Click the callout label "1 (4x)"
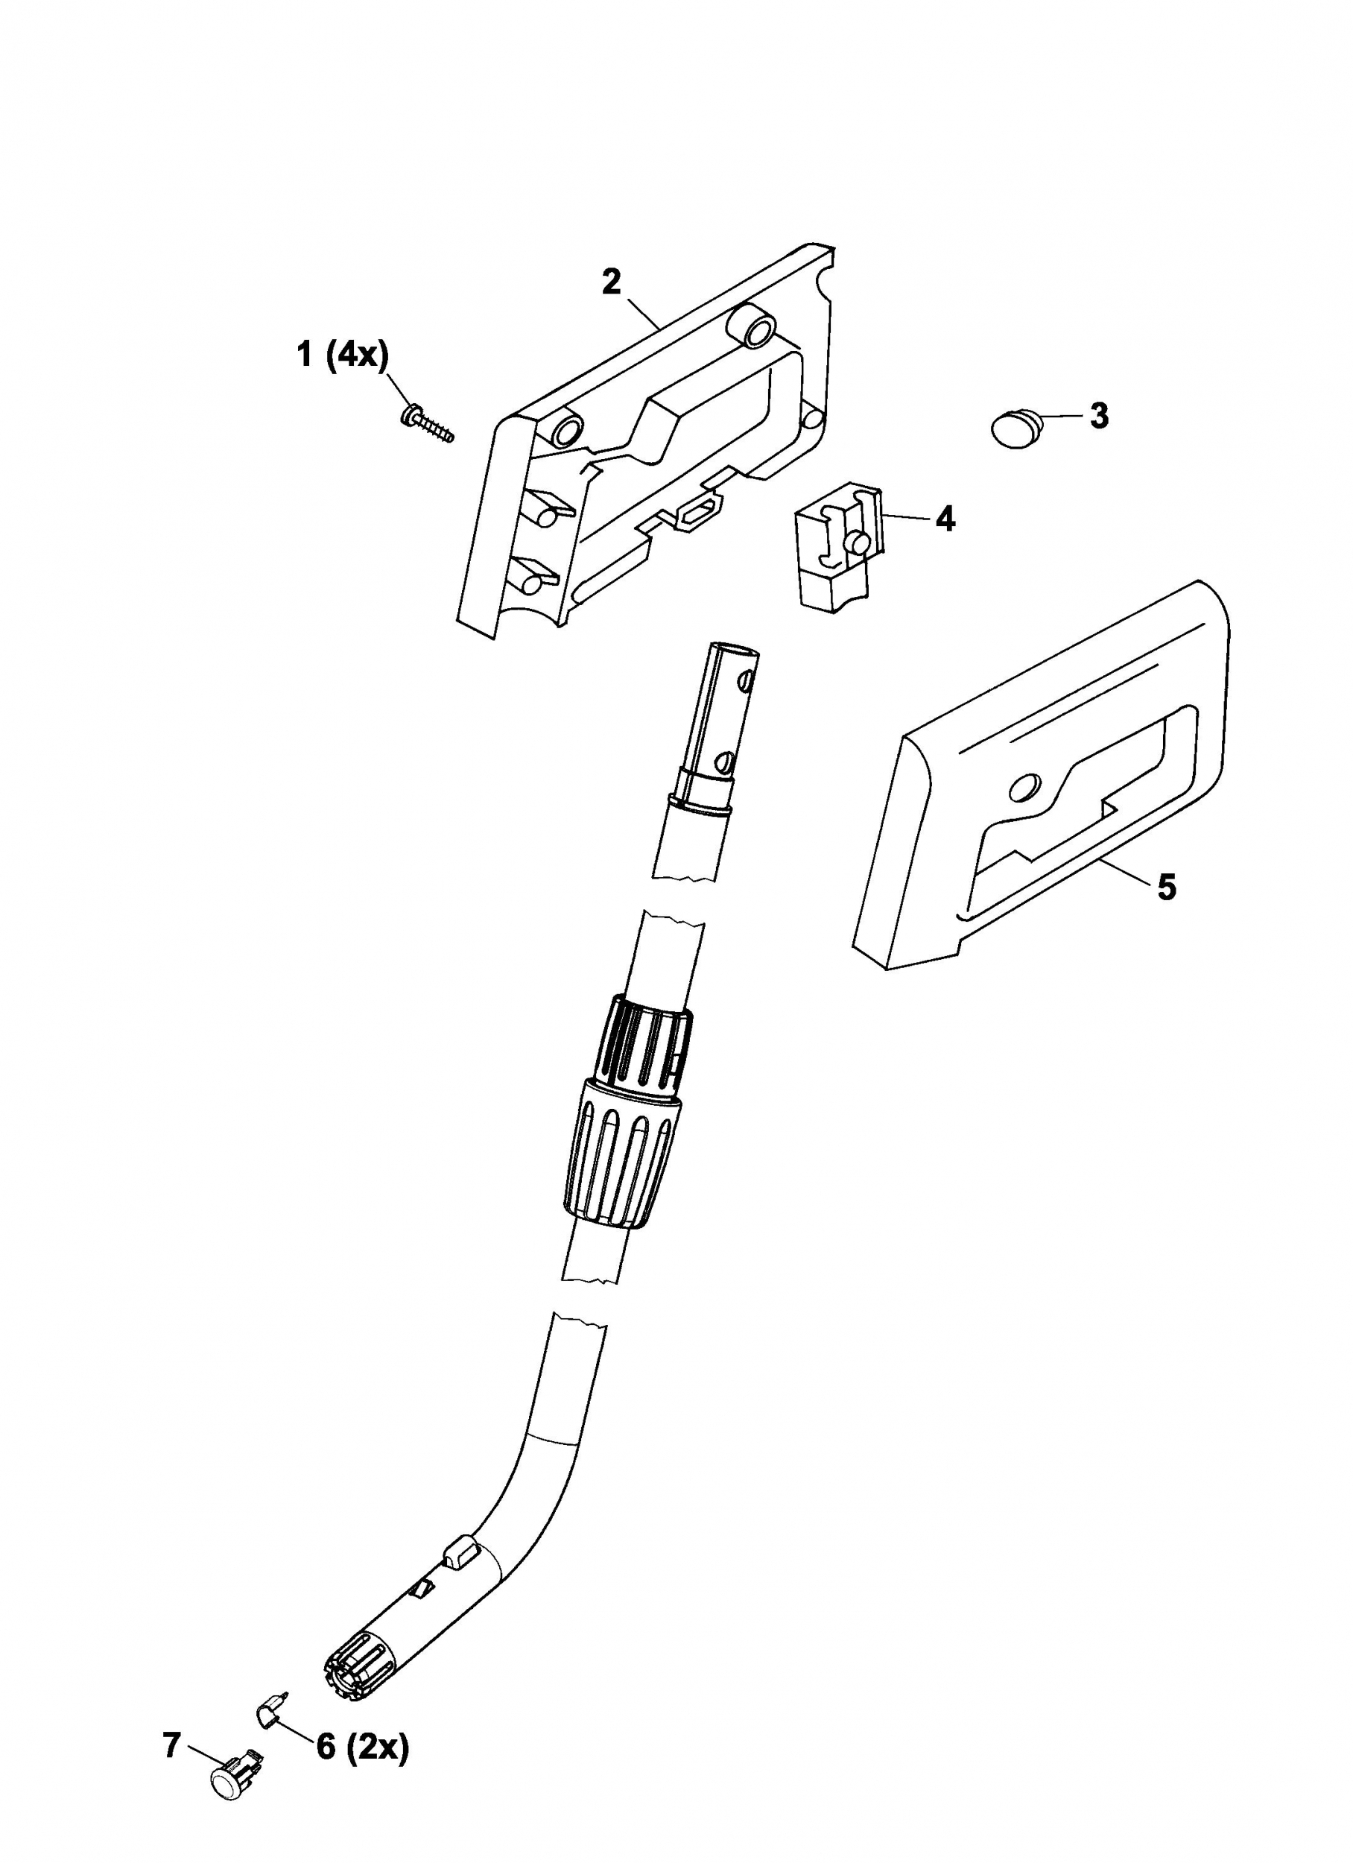(x=343, y=356)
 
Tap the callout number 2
(x=611, y=282)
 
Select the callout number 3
(x=1098, y=416)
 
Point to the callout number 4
(x=945, y=519)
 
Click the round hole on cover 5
(x=1024, y=788)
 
